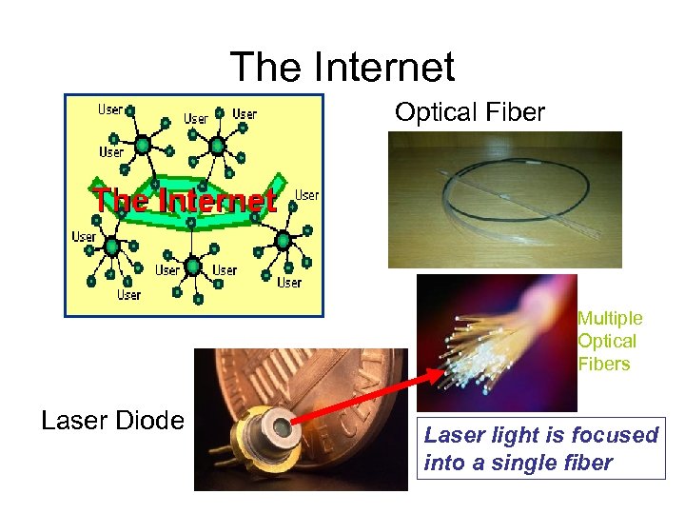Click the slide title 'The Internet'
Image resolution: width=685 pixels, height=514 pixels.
(342, 67)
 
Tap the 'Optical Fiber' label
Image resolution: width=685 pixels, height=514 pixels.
(470, 112)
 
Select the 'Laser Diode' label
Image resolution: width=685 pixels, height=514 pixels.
(113, 420)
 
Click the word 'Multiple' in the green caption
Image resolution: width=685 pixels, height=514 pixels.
(610, 318)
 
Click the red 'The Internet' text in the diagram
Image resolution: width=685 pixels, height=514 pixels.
(185, 201)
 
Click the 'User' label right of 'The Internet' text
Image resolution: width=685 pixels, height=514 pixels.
(307, 195)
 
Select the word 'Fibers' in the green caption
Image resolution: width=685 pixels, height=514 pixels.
(603, 364)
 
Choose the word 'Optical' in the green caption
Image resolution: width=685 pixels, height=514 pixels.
(607, 341)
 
